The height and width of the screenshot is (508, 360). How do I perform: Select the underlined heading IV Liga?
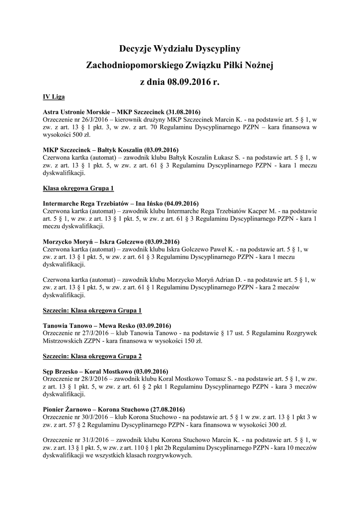point(54,96)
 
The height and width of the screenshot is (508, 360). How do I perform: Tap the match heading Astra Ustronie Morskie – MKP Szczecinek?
point(122,112)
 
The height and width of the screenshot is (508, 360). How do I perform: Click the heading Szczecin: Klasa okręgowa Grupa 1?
point(92,310)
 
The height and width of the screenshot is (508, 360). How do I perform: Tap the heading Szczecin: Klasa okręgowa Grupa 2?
point(92,356)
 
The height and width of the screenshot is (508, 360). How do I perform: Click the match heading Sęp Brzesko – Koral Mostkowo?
point(105,372)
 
